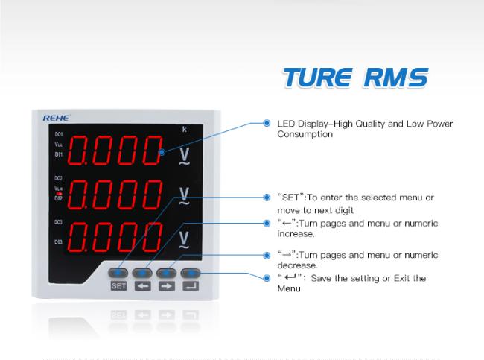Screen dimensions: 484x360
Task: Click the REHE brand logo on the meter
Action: pyautogui.click(x=57, y=118)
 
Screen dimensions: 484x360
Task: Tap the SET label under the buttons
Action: pyautogui.click(x=118, y=285)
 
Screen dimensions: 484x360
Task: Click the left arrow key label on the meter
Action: pyautogui.click(x=143, y=286)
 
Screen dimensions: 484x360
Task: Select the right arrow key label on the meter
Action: pyautogui.click(x=167, y=286)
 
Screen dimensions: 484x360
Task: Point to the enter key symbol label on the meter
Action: pyautogui.click(x=191, y=285)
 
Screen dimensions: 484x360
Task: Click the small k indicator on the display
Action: pyautogui.click(x=184, y=129)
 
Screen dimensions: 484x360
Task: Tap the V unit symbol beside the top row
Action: pyautogui.click(x=184, y=156)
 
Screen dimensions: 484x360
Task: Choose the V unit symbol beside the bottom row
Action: pyautogui.click(x=184, y=240)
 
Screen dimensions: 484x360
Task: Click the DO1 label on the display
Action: pyautogui.click(x=59, y=134)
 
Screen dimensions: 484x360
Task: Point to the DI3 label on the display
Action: pyautogui.click(x=59, y=242)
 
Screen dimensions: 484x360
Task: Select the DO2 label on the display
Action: pyautogui.click(x=59, y=178)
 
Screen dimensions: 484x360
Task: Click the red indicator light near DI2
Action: pyautogui.click(x=59, y=194)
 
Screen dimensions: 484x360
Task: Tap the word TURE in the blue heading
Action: pyautogui.click(x=318, y=78)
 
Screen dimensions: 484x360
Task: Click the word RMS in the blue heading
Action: pyautogui.click(x=396, y=78)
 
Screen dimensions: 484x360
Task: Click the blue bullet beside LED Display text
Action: pyautogui.click(x=267, y=123)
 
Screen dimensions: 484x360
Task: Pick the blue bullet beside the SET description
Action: pyautogui.click(x=267, y=198)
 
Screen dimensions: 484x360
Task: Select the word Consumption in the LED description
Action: pyautogui.click(x=305, y=134)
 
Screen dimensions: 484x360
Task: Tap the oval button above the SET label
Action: pyautogui.click(x=118, y=273)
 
